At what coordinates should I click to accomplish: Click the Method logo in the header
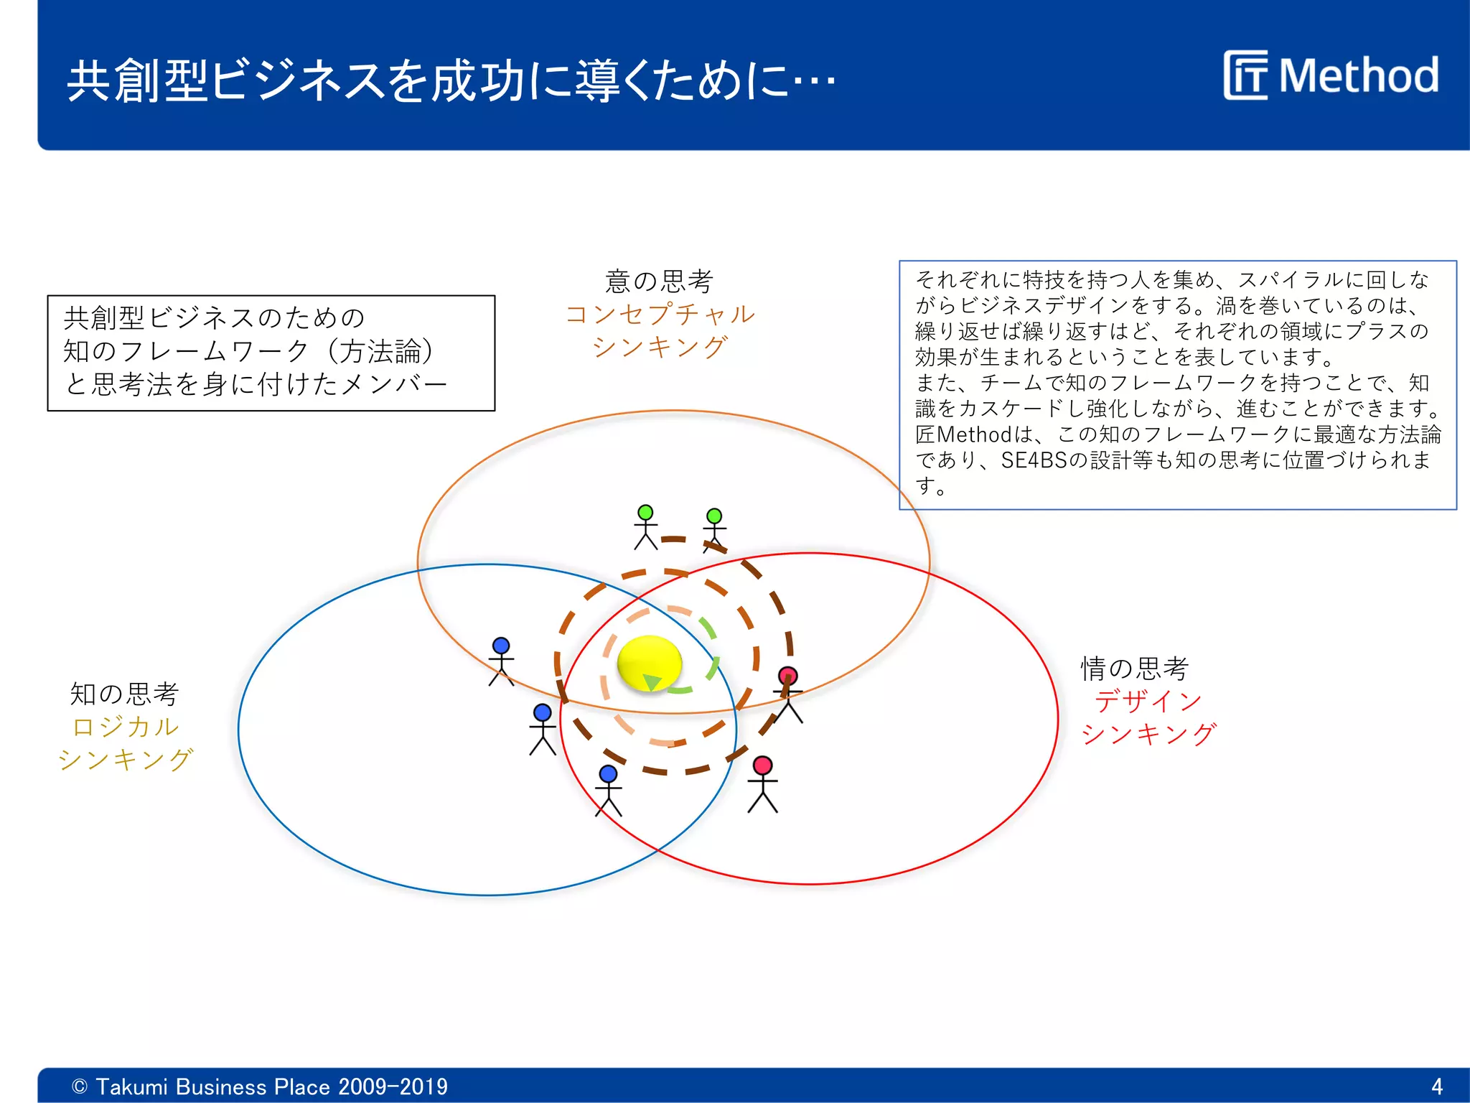[x=1331, y=75]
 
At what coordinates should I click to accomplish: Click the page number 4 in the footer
[x=1436, y=1086]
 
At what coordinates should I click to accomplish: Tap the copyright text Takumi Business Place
[x=259, y=1086]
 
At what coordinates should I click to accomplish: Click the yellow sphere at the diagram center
[x=649, y=663]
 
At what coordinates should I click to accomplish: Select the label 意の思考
[x=659, y=281]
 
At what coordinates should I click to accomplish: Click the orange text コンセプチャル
[x=659, y=314]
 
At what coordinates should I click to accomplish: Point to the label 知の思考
[x=124, y=694]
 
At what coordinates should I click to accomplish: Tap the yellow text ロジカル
[x=125, y=727]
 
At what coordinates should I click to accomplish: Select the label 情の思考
[x=1135, y=669]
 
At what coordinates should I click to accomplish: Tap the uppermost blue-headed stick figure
[x=501, y=661]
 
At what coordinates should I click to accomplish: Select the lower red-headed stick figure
[x=762, y=784]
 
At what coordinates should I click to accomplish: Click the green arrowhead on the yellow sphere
[x=652, y=681]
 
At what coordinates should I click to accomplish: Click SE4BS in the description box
[x=1034, y=460]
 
